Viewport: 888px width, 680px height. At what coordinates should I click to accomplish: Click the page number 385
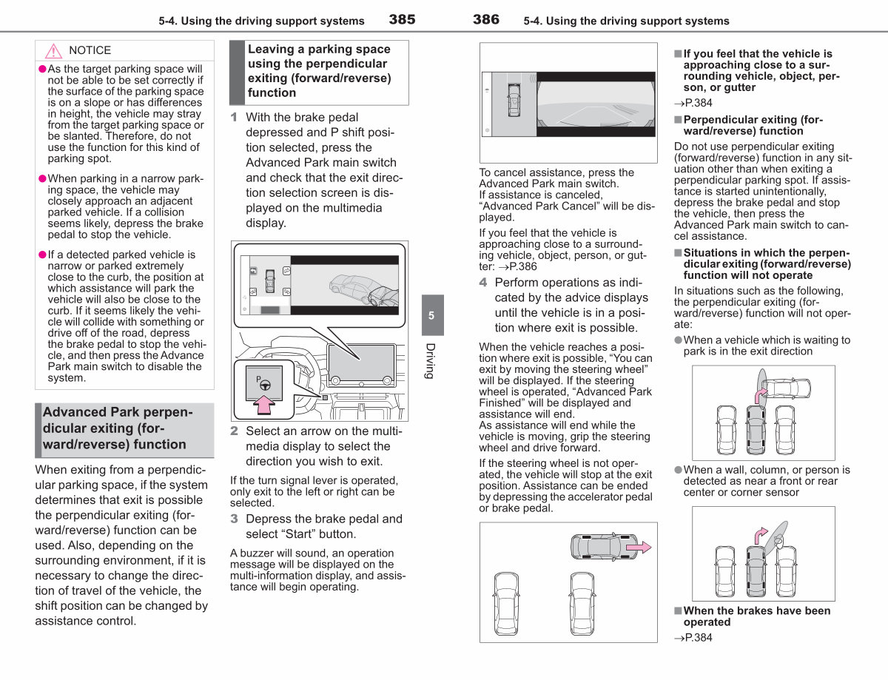[x=402, y=19]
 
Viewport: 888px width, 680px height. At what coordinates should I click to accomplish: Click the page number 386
[x=486, y=19]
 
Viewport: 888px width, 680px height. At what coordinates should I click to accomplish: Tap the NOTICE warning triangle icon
[x=53, y=51]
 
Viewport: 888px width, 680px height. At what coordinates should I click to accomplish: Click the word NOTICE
[x=90, y=50]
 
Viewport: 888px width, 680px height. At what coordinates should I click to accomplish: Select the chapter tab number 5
[x=431, y=315]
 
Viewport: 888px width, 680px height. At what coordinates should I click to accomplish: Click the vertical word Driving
[x=431, y=361]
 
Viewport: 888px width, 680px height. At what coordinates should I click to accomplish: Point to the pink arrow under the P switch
[x=264, y=405]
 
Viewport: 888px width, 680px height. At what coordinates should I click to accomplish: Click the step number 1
[x=234, y=117]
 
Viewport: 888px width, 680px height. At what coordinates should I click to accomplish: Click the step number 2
[x=234, y=431]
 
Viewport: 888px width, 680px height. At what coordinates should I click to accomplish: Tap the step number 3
[x=234, y=519]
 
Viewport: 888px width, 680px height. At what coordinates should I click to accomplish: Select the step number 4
[x=483, y=282]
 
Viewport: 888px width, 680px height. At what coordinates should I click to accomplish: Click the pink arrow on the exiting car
[x=639, y=548]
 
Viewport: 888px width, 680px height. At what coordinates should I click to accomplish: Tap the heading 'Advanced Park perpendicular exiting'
[x=118, y=428]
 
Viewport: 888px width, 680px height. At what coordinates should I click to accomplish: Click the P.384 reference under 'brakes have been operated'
[x=693, y=638]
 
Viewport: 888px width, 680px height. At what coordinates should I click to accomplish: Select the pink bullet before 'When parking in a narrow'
[x=42, y=178]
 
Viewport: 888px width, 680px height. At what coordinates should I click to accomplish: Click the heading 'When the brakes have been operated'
[x=757, y=616]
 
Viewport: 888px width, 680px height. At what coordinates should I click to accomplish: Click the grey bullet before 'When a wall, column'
[x=679, y=470]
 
